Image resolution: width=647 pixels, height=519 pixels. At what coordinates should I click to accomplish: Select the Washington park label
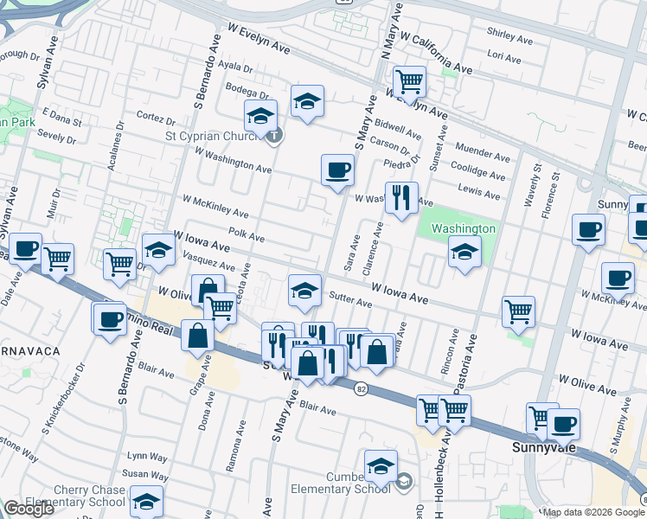point(463,228)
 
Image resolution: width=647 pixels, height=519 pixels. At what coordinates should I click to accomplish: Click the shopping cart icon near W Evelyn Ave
point(409,82)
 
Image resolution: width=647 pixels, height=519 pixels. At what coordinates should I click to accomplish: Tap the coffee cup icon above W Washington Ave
point(337,170)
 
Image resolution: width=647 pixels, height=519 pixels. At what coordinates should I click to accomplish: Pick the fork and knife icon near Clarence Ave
point(400,198)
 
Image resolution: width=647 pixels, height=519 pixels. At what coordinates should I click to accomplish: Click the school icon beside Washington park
point(464,253)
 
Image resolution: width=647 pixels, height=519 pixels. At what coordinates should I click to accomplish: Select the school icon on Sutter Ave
point(304,292)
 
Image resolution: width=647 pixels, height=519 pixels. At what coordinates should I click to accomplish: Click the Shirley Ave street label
point(510,36)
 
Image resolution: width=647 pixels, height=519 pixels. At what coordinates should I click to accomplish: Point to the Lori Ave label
point(504,58)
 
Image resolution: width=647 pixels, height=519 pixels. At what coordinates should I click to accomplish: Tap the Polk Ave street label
point(247,234)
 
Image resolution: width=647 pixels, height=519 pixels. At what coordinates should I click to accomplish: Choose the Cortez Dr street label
point(156,116)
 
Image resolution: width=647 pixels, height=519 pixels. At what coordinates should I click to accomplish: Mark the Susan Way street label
point(144,475)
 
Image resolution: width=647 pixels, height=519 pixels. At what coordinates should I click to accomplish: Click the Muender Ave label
point(484,157)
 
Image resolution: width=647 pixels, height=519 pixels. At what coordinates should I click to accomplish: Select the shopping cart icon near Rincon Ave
point(518,311)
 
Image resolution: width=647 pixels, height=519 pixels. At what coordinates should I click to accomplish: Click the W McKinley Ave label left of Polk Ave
point(215,206)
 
